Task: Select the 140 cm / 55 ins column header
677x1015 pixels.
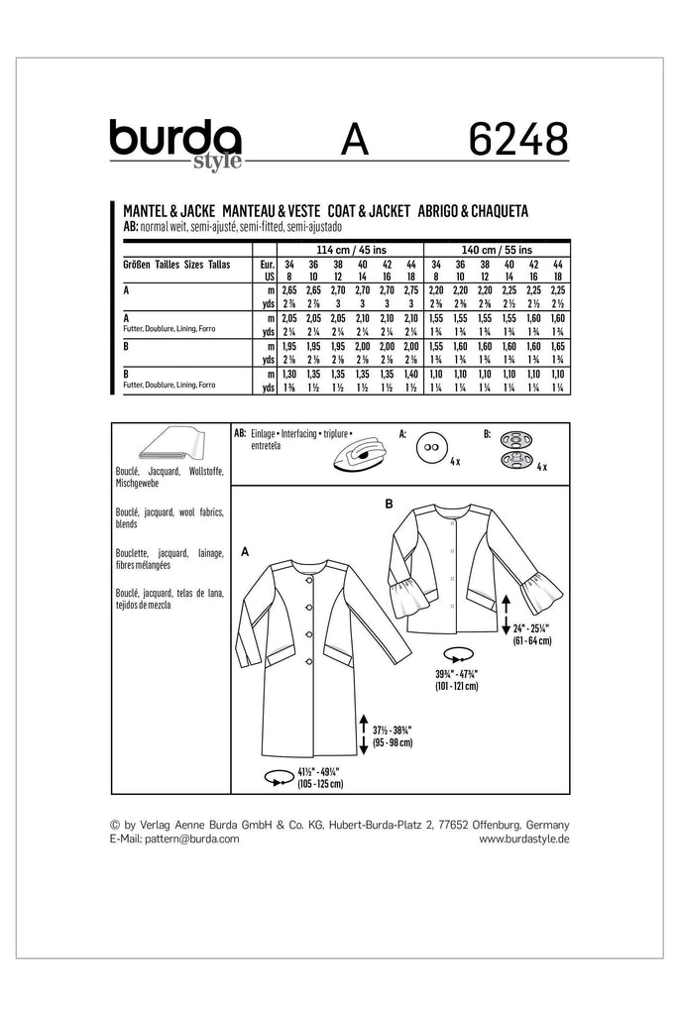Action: [490, 250]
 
